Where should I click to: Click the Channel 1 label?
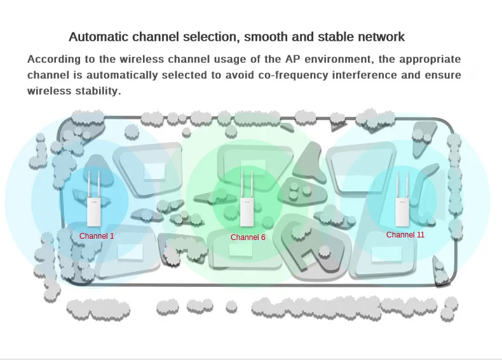[97, 236]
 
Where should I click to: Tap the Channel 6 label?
[248, 237]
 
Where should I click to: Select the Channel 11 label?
[405, 235]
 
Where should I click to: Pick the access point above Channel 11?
[402, 198]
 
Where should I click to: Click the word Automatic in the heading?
[99, 37]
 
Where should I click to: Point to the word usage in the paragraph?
[220, 60]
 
